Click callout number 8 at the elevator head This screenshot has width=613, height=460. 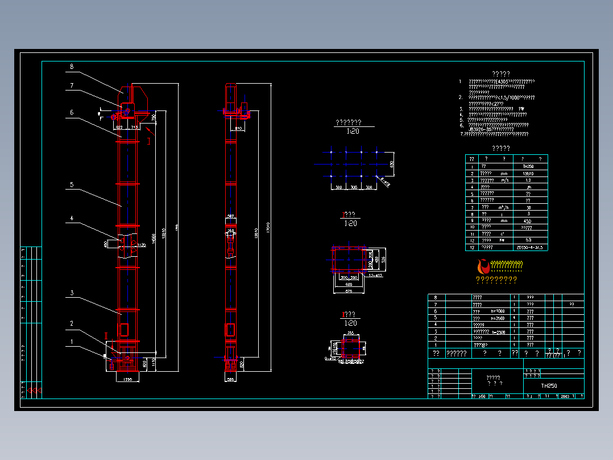click(x=72, y=67)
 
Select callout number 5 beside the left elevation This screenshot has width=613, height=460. click(x=72, y=184)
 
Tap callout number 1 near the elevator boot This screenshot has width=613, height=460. click(x=72, y=342)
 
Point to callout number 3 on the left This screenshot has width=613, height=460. click(x=72, y=293)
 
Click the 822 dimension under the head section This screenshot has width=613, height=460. click(x=119, y=128)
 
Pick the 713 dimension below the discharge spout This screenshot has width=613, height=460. click(x=134, y=128)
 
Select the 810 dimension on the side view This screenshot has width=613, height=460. click(x=239, y=129)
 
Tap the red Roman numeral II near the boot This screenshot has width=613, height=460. click(x=106, y=336)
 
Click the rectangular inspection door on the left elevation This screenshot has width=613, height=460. click(x=123, y=330)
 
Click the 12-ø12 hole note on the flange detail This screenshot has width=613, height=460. click(x=375, y=275)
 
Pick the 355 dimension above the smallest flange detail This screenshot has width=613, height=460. click(x=350, y=333)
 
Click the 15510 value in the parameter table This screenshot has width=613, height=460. click(x=528, y=173)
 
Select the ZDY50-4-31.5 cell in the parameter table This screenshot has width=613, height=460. click(x=529, y=248)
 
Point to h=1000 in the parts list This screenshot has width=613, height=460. click(x=496, y=311)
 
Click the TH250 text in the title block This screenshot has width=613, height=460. click(x=549, y=385)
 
